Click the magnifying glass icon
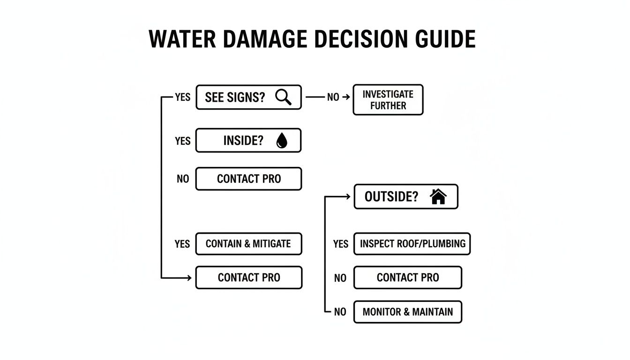283,97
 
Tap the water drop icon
282,141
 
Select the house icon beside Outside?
438,196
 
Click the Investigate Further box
388,100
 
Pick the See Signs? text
235,97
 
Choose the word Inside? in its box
243,141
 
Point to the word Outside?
391,196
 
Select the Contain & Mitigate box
248,244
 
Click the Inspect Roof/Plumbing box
412,244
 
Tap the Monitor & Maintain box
407,312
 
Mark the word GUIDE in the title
442,39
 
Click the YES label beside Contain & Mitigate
182,244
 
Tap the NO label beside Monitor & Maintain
340,312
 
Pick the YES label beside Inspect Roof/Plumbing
341,244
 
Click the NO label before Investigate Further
333,97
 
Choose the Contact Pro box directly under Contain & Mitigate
248,277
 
